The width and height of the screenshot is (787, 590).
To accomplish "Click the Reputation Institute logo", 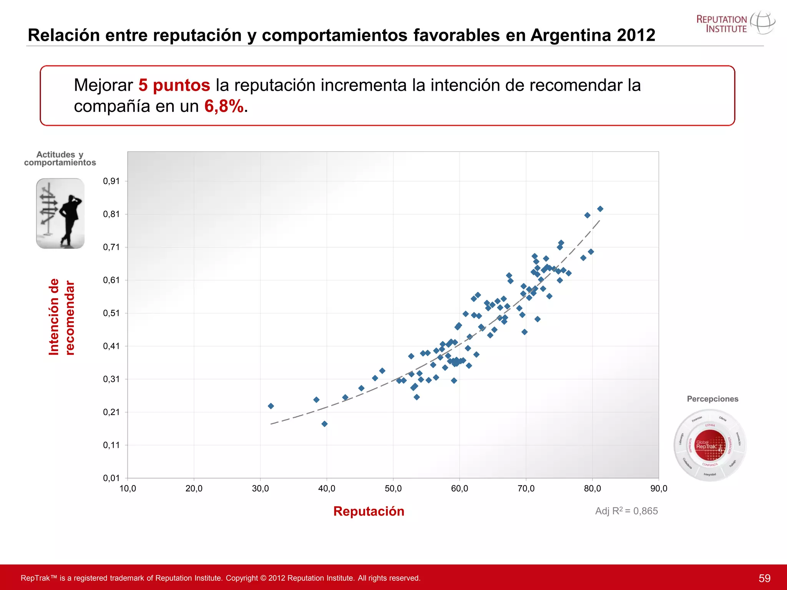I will [x=735, y=24].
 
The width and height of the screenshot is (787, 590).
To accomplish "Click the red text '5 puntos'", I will [x=174, y=85].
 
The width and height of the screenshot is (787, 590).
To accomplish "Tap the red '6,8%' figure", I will [x=224, y=106].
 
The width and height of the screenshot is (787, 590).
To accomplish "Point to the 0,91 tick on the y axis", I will [x=111, y=181].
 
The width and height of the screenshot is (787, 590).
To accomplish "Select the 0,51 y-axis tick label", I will [x=111, y=313].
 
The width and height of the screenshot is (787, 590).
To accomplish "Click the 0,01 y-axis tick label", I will [x=111, y=478].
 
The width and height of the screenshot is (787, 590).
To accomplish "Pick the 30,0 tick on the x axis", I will [x=260, y=489].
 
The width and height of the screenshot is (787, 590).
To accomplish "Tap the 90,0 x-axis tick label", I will [x=659, y=489].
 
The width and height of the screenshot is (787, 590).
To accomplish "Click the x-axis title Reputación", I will [x=369, y=511].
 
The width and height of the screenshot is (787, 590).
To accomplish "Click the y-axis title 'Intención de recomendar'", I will [x=61, y=317].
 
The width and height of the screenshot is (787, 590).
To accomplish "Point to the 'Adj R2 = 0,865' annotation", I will [x=626, y=511].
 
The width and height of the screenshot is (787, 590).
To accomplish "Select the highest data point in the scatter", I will [x=600, y=209].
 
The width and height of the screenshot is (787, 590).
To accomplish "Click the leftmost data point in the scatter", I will [x=271, y=406].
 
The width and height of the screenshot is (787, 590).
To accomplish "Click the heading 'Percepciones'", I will [x=712, y=399].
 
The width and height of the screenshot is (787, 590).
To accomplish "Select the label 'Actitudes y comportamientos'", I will [x=60, y=159].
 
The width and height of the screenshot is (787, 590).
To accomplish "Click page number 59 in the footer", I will [x=764, y=578].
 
